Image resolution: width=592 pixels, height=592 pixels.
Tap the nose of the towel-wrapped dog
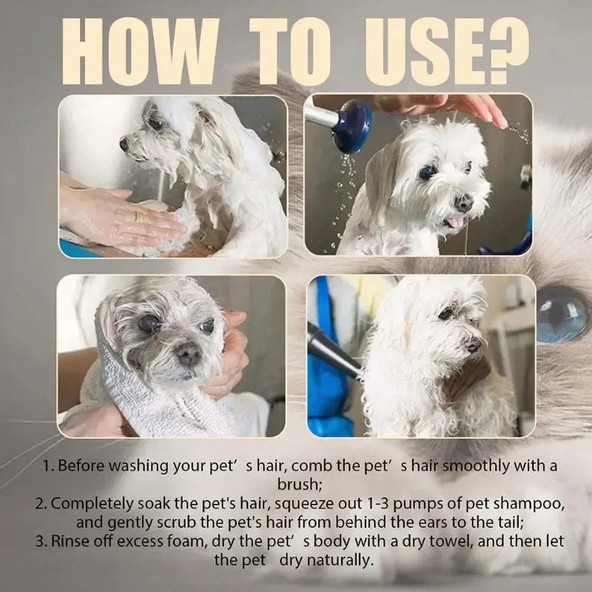(188, 357)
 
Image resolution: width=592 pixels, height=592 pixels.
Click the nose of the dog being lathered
(124, 144)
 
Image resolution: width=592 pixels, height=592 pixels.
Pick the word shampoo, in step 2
(525, 503)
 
